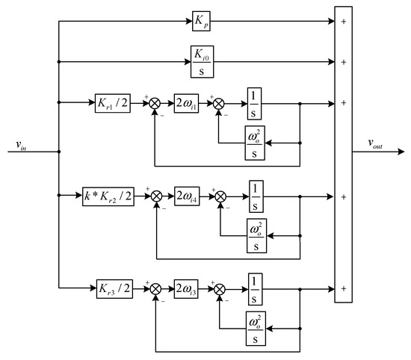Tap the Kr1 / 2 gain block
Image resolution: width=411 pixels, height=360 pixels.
click(x=112, y=104)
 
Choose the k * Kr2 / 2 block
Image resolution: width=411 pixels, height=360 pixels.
click(x=108, y=197)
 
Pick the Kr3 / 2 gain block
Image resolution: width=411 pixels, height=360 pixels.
click(x=112, y=287)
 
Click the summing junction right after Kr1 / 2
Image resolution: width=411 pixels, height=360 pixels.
click(x=155, y=104)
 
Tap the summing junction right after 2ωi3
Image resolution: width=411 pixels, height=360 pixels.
click(x=220, y=287)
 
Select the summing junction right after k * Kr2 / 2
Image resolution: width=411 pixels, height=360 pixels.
click(x=157, y=197)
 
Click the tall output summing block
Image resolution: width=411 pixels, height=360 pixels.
click(x=342, y=152)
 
